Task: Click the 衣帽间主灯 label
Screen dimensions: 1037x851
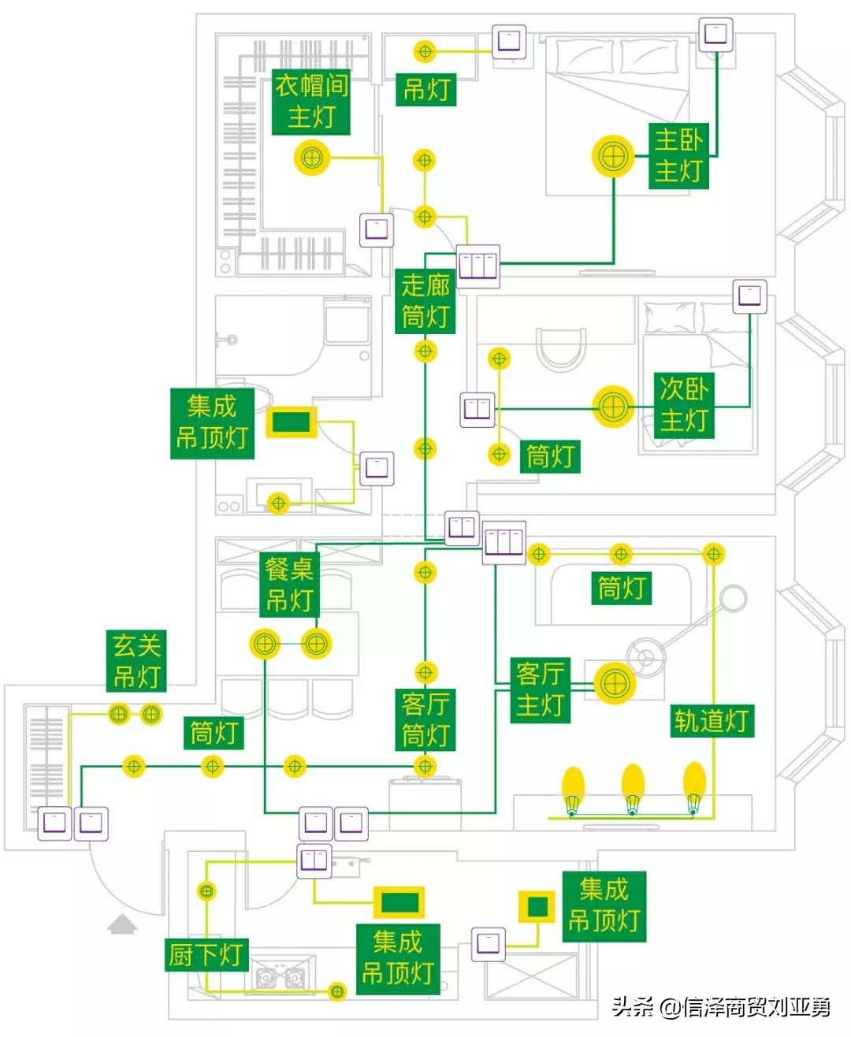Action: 311,102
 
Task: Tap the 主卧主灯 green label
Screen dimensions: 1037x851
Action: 678,155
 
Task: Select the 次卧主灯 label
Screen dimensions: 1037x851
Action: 683,404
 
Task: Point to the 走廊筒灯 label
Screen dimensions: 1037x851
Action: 425,301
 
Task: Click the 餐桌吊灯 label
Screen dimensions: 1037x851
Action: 289,584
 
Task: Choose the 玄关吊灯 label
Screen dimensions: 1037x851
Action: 136,660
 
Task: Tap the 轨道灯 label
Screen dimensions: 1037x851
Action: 711,720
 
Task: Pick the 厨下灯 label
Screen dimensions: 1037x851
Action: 205,954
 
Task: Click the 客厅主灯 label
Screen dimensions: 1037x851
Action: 540,689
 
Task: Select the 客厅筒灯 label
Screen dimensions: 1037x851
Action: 425,719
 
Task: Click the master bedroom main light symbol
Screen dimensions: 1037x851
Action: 613,156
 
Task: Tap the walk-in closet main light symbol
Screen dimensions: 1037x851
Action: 312,158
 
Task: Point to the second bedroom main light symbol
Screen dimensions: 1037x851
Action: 613,407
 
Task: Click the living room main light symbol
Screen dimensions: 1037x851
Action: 614,682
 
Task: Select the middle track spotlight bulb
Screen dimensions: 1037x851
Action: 633,786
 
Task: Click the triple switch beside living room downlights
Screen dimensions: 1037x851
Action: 504,542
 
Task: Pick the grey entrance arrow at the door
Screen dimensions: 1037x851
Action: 122,924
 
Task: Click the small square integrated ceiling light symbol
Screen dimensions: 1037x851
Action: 537,906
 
